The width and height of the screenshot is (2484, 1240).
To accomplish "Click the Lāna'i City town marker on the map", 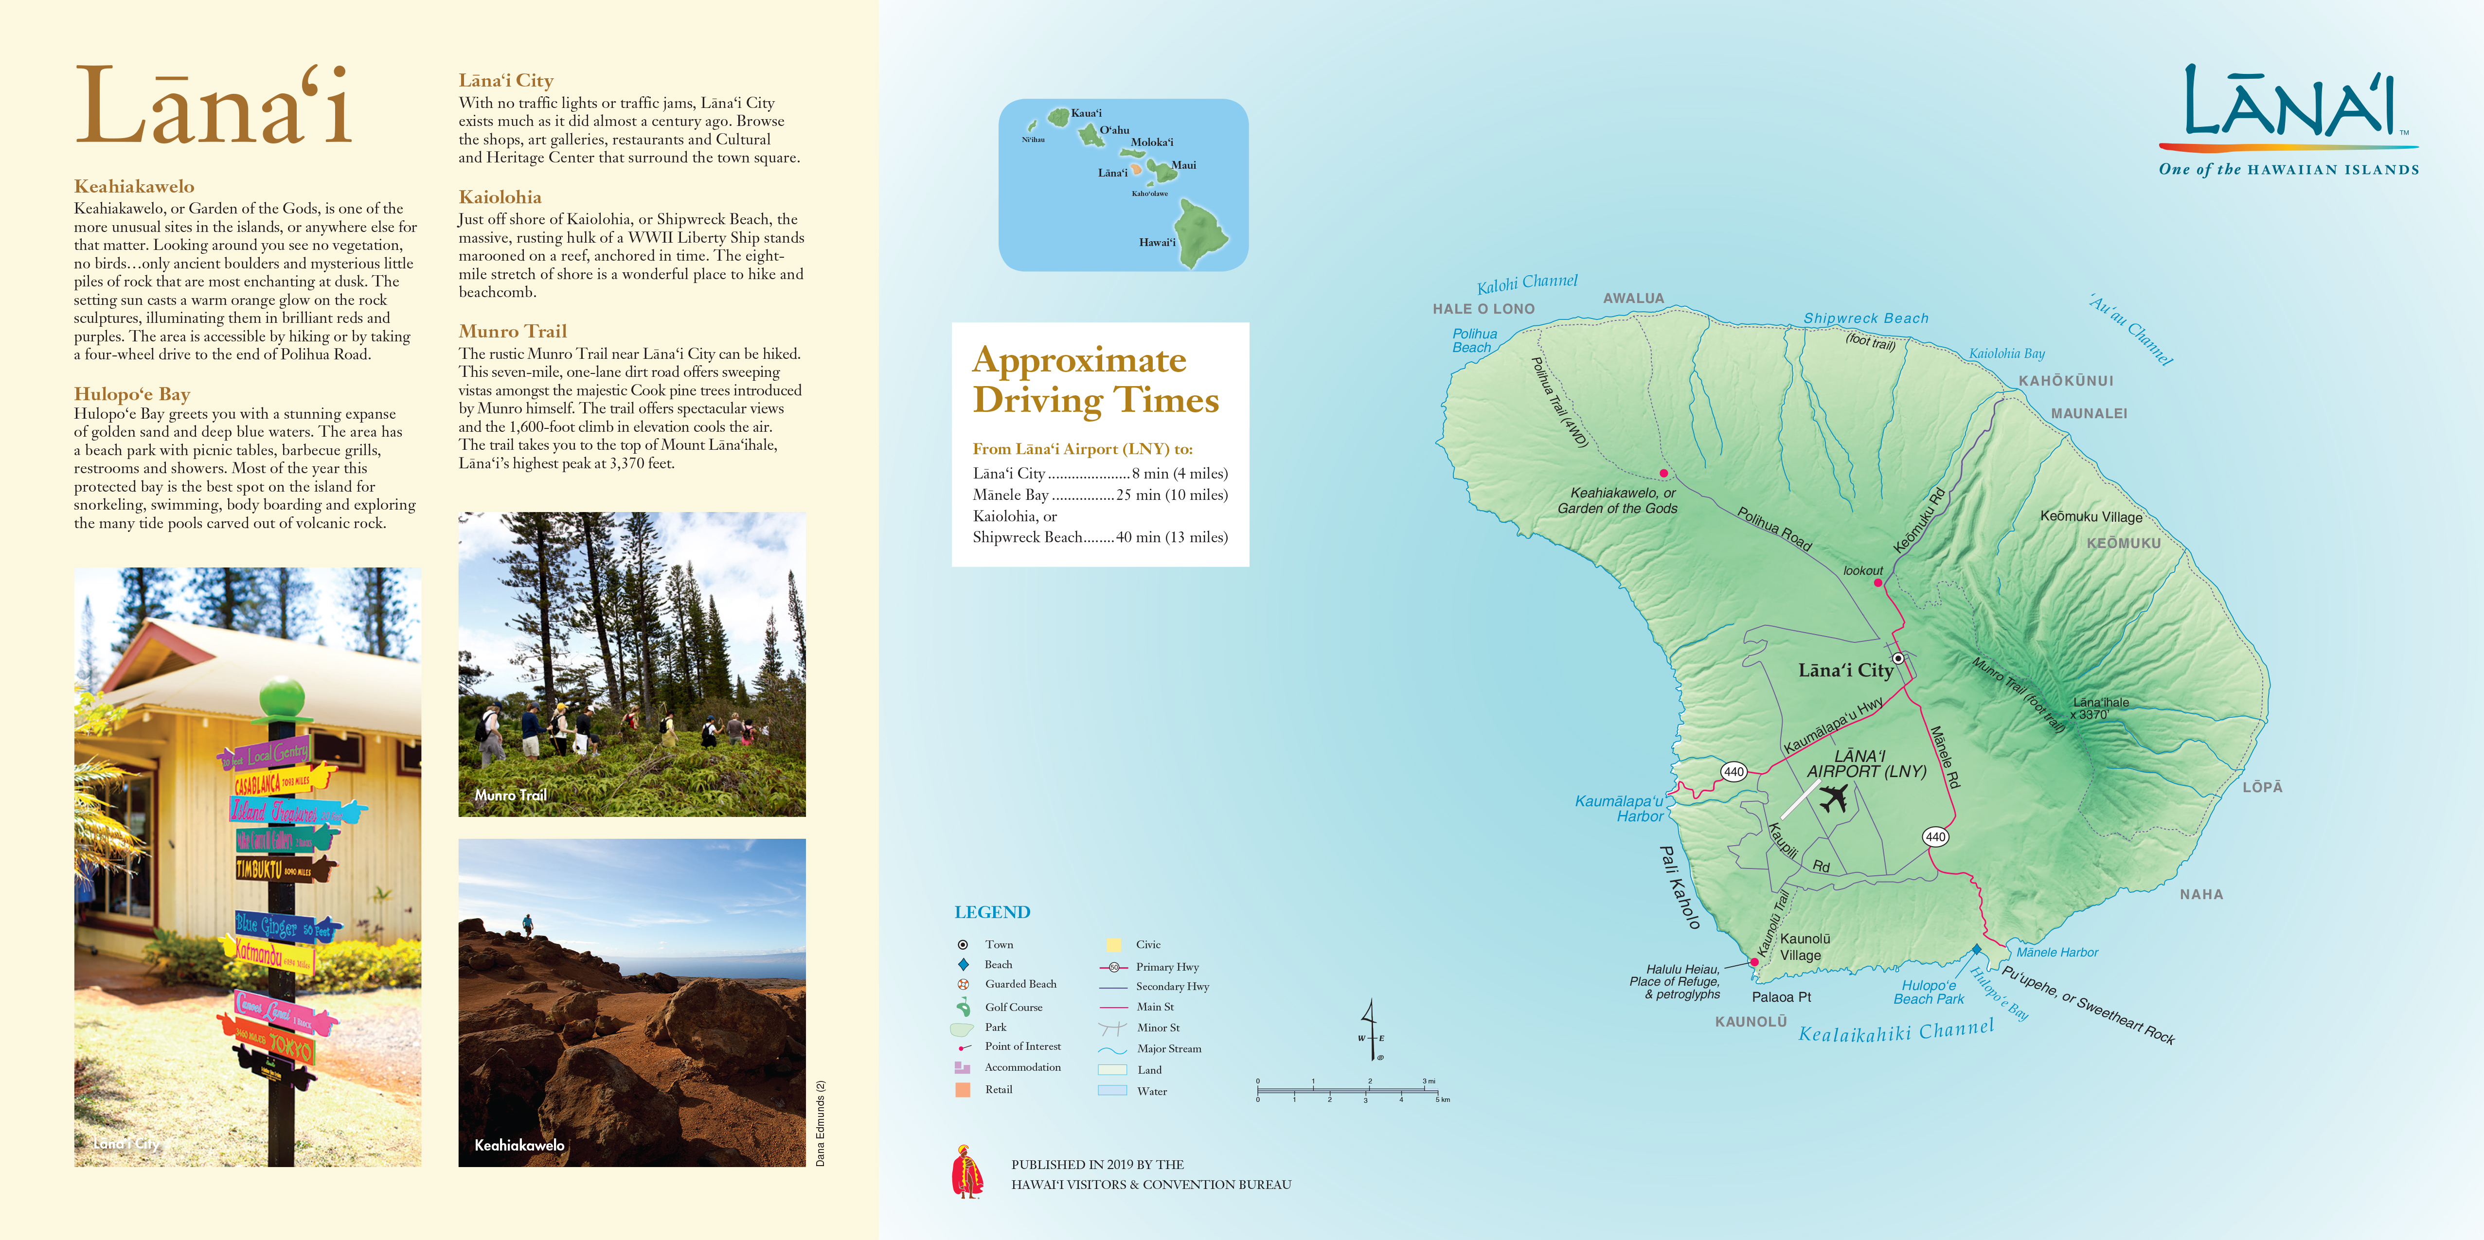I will pos(1898,658).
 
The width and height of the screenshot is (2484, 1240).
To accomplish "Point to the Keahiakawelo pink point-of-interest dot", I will pos(1663,474).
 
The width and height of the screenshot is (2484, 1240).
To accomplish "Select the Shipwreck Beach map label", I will pos(1866,318).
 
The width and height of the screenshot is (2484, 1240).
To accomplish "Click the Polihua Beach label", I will pos(1473,340).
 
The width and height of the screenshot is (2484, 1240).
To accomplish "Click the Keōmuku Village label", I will pos(2091,517).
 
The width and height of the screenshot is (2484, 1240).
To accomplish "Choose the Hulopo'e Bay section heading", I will pos(132,393).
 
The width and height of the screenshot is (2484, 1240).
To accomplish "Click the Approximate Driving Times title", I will pos(1095,380).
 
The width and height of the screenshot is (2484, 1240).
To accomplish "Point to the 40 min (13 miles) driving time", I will pos(1172,537).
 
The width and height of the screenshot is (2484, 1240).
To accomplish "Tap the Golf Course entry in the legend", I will pos(1013,1007).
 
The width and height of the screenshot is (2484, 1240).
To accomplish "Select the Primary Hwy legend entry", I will pos(1167,966).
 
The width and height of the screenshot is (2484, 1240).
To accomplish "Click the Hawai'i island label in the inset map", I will pos(1157,242).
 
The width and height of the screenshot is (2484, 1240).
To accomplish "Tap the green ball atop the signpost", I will pos(282,694).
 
